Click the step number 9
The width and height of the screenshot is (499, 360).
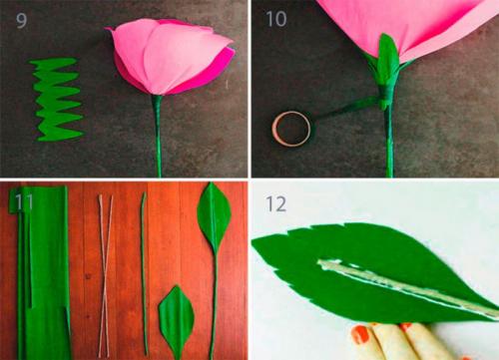[x=21, y=21]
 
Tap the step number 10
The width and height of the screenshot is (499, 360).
[x=276, y=19]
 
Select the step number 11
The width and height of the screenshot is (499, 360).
[x=24, y=201]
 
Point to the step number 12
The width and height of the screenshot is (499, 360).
[x=275, y=203]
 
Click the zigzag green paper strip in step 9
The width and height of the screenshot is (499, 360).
[x=57, y=99]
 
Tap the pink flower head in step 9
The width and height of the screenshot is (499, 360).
[x=171, y=57]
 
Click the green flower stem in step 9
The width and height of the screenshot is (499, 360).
[x=158, y=136]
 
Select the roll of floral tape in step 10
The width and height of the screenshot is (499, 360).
[x=291, y=129]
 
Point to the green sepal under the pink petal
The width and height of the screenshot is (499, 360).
[x=388, y=57]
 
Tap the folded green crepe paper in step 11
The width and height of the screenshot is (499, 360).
[x=42, y=271]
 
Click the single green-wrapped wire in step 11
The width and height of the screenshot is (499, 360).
[x=144, y=274]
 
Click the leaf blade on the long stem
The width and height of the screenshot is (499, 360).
[x=214, y=216]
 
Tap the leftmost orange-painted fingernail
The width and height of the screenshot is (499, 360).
[x=360, y=334]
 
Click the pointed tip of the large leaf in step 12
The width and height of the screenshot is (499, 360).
[x=252, y=242]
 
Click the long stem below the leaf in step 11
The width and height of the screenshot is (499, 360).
[x=214, y=305]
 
